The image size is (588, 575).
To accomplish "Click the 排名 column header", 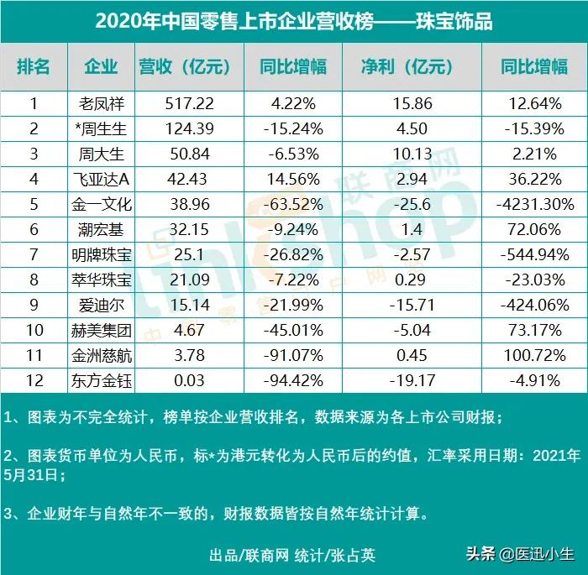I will click(34, 67).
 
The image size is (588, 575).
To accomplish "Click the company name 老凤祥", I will click(100, 104).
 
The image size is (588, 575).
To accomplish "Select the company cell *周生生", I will click(100, 129).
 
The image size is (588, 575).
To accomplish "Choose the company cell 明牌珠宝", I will click(100, 253).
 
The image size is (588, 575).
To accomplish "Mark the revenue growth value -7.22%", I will click(282, 277).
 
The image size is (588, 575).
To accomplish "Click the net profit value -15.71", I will click(409, 302).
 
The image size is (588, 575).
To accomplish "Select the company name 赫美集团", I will click(100, 327).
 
